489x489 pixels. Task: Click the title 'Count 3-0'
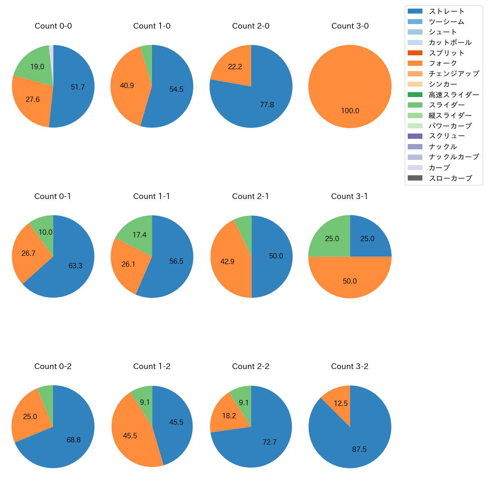tap(350, 26)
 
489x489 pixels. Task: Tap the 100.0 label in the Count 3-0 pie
tap(350, 111)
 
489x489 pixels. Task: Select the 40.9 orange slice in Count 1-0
tap(126, 87)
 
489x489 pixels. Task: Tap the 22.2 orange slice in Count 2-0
tap(233, 66)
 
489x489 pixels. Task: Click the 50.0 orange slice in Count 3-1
tap(350, 280)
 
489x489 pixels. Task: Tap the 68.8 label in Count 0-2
tap(74, 440)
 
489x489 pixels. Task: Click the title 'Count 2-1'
tap(251, 196)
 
